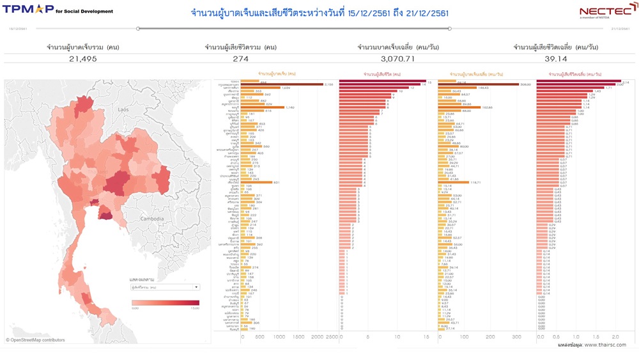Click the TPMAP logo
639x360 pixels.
[x=29, y=10]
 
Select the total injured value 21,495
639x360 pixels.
[x=83, y=58]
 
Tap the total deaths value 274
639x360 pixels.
[x=240, y=58]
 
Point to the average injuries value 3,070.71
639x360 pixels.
[x=397, y=58]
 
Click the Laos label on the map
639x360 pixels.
[x=123, y=110]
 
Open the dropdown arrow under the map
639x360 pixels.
[x=196, y=287]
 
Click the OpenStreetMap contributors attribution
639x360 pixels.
[x=37, y=340]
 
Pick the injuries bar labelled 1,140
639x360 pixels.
[x=263, y=107]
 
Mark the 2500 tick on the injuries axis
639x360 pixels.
[x=331, y=337]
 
